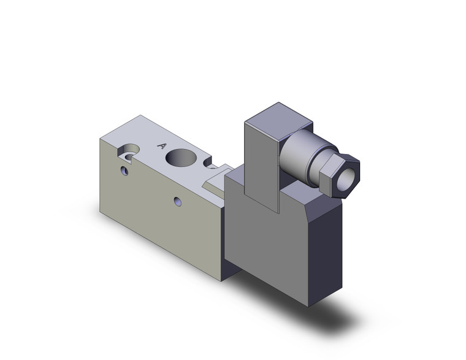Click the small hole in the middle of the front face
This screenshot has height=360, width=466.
click(x=177, y=201)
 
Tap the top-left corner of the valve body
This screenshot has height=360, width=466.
click(x=100, y=138)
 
